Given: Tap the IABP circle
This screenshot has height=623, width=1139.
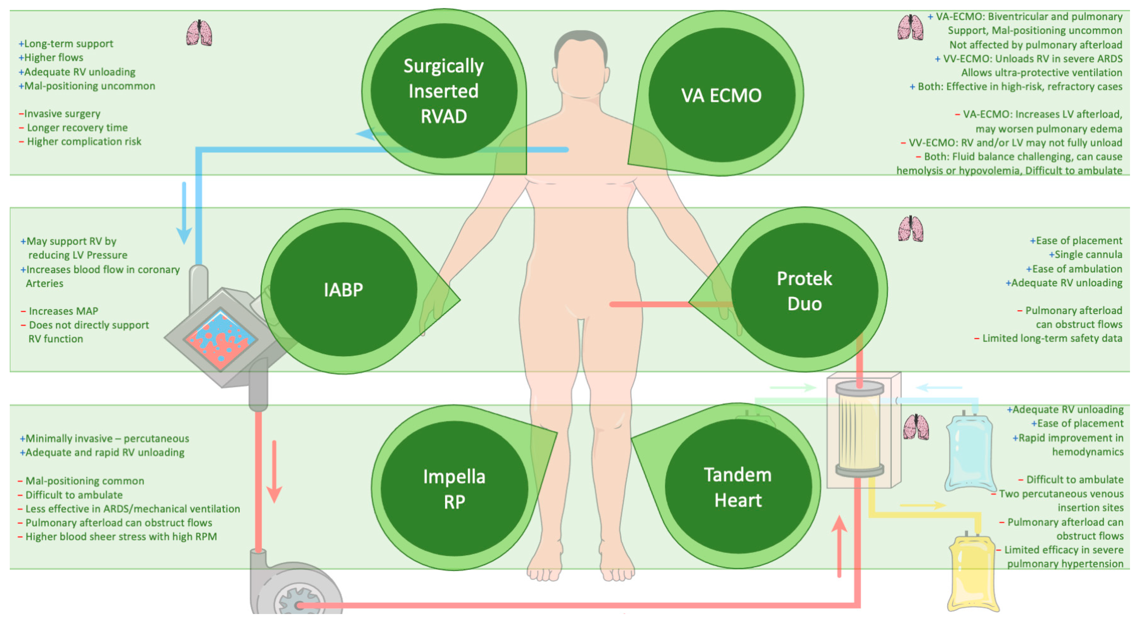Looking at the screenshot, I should point(344,289).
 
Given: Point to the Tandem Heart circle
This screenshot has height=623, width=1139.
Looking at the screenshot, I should point(738,487).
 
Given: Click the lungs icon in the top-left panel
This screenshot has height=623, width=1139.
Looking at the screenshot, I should point(199,33).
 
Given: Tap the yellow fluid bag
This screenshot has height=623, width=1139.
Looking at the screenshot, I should point(973,573).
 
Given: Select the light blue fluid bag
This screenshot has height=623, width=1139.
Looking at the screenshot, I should point(970,453).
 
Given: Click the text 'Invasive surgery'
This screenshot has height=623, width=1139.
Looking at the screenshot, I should point(62,114).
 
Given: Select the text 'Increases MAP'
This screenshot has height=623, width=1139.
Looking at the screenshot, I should point(63,311).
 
